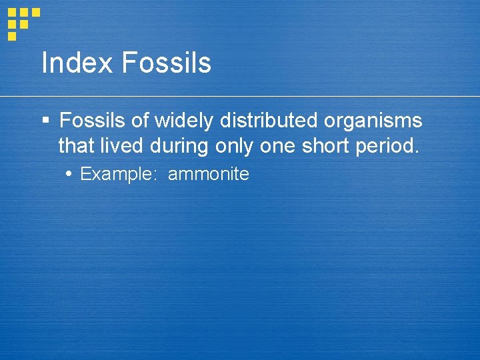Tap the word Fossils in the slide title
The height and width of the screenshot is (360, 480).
coord(167,63)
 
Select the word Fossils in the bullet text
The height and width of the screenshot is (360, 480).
coord(92,121)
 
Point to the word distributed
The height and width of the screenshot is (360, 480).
coord(270,121)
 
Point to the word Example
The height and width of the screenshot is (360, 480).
coord(116,175)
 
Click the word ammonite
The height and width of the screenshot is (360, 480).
coord(209,175)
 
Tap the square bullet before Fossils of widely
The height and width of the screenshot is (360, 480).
coord(45,121)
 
